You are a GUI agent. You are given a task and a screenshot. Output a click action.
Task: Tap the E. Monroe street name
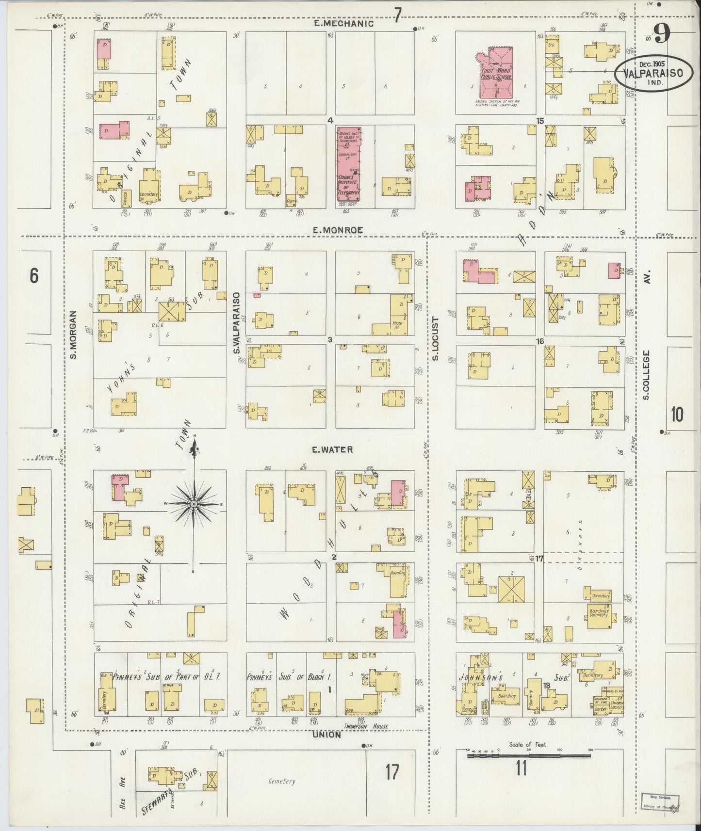tap(338, 231)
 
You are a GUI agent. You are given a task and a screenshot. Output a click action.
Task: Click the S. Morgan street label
tap(74, 335)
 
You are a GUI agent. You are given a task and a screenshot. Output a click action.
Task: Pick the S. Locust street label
tap(435, 338)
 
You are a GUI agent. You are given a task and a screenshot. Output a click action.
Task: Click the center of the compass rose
tap(194, 504)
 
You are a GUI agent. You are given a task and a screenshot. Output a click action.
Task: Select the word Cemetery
tap(281, 782)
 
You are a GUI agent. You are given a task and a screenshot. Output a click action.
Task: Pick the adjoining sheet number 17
tap(391, 772)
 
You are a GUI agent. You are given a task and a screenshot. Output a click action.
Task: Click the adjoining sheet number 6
tap(33, 275)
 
